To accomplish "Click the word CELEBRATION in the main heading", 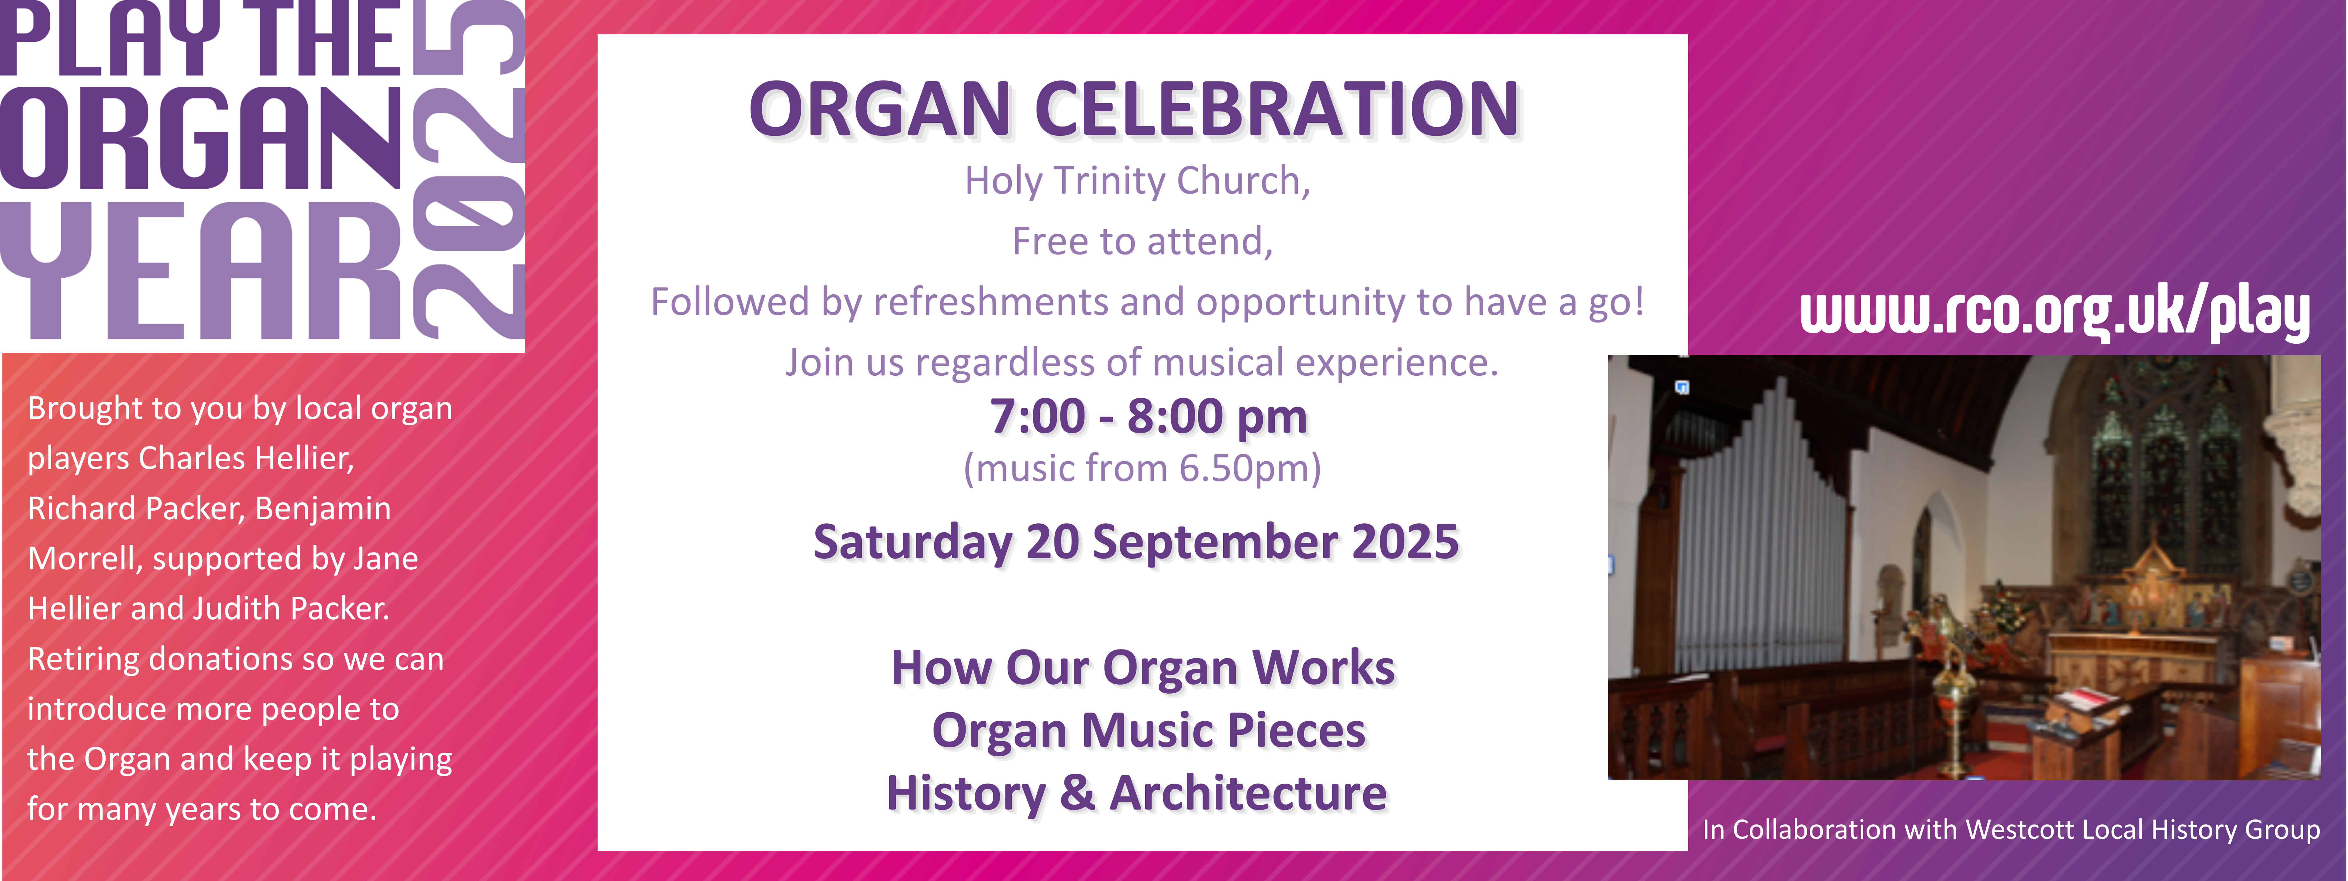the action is [1276, 109].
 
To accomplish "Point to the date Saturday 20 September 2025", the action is [1136, 543].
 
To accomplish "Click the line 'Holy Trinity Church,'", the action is [1138, 181].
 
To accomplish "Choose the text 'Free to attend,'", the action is [1142, 242].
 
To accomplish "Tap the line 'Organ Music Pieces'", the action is [1148, 731].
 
